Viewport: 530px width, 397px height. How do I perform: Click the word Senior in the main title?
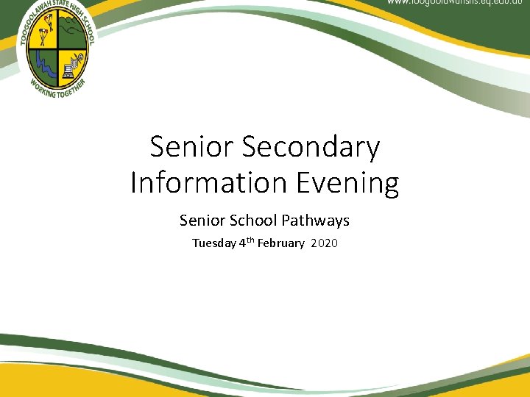tap(191, 147)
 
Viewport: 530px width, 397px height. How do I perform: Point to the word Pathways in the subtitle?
tap(320, 220)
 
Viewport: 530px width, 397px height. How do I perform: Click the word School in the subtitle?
tap(258, 220)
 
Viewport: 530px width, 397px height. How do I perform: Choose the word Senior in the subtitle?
tap(202, 220)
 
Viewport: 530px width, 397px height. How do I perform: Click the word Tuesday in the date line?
tap(214, 243)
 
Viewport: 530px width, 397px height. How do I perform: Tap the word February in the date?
tap(280, 243)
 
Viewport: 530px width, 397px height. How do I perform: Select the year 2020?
tap(325, 243)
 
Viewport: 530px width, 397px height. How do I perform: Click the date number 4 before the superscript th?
tap(242, 243)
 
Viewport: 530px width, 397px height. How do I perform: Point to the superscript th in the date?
tap(250, 240)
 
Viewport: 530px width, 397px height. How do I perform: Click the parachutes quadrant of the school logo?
tap(44, 36)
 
